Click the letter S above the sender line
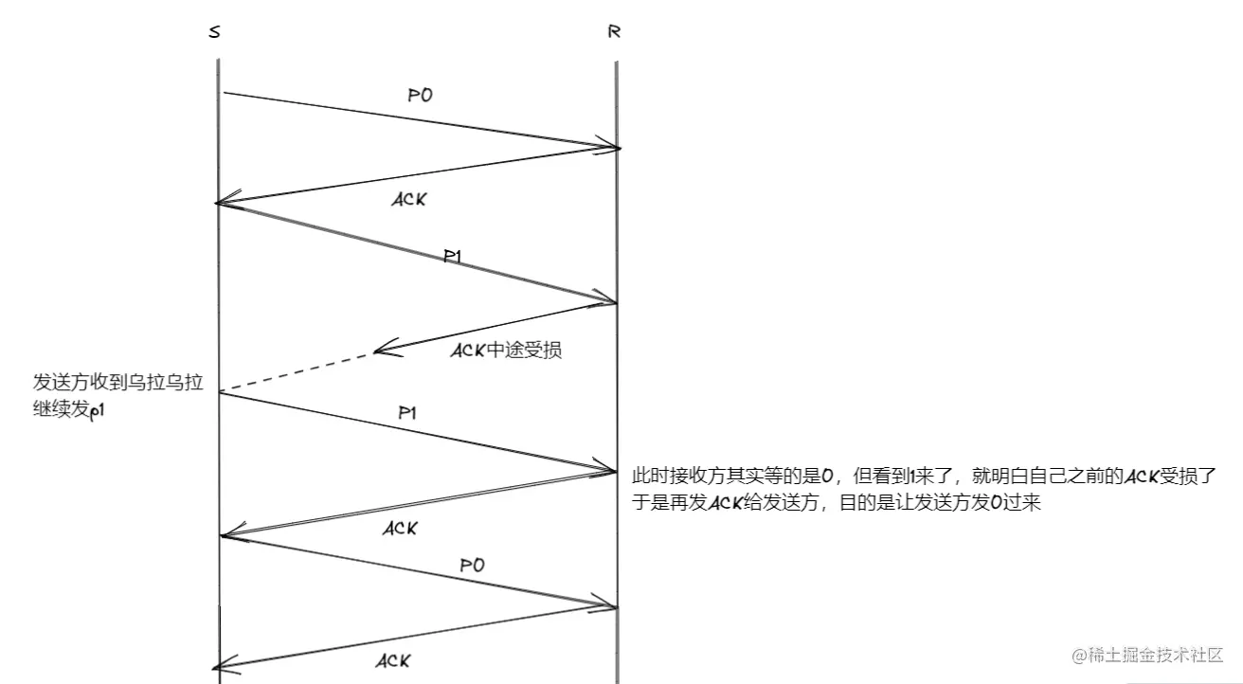click(214, 32)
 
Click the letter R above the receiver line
click(614, 31)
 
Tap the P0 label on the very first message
click(420, 96)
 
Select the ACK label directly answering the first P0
click(408, 200)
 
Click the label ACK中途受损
click(505, 351)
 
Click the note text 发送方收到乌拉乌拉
click(117, 383)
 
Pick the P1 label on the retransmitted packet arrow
click(408, 413)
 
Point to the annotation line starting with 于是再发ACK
click(837, 503)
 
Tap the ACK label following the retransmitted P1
click(400, 529)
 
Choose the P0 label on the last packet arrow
click(472, 565)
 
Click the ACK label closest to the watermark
click(392, 660)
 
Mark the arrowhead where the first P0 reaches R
click(609, 147)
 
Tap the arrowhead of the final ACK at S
click(224, 666)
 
